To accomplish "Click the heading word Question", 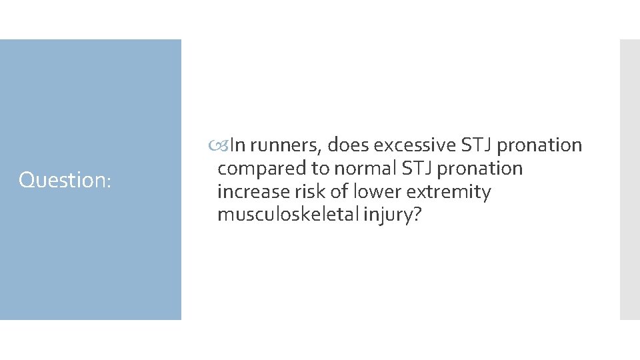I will (62, 180).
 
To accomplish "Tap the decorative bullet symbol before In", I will (224, 145).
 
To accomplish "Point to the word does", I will (347, 145).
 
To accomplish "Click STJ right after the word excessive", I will (473, 145).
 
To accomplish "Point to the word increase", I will (251, 192).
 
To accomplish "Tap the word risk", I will (306, 192).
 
